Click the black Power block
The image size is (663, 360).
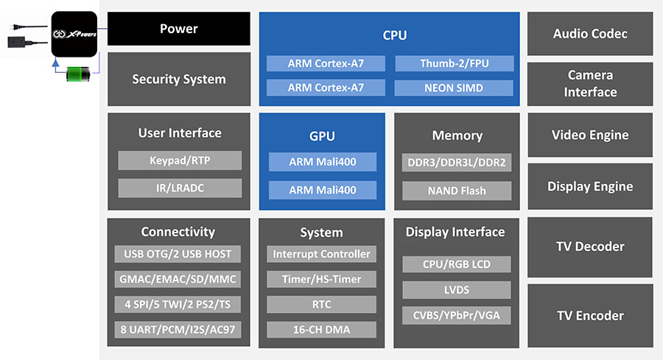point(179,29)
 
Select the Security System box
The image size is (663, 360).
point(179,79)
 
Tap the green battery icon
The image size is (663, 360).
point(78,74)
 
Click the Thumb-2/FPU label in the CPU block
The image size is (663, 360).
point(454,64)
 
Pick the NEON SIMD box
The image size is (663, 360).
point(454,88)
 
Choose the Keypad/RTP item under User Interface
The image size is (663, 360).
point(180,160)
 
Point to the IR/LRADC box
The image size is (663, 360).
point(180,188)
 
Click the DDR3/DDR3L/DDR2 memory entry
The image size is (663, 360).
point(457,163)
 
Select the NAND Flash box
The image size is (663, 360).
point(457,191)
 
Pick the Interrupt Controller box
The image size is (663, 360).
point(321,254)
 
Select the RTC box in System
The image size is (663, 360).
point(321,304)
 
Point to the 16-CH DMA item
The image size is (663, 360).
point(321,329)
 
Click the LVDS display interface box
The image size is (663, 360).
point(457,289)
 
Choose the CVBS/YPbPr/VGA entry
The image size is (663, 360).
point(457,315)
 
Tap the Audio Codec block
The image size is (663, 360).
point(590,34)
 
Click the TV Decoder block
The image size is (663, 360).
point(590,247)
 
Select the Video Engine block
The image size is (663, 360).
point(590,135)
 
